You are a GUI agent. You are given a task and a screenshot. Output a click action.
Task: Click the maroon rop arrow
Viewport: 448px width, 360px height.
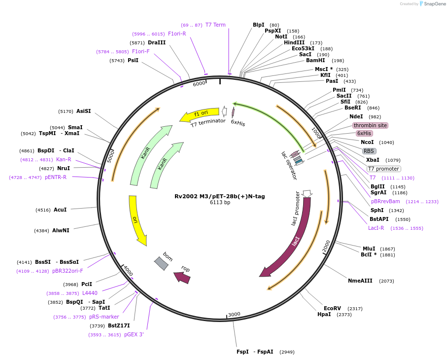pos(182,277)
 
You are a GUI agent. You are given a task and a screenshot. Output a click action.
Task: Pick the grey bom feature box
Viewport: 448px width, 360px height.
pos(161,263)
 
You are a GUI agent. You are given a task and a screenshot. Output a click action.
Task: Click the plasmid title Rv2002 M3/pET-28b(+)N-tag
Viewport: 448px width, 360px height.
pos(219,196)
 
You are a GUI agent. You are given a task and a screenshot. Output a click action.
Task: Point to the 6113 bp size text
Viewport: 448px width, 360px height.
pos(220,203)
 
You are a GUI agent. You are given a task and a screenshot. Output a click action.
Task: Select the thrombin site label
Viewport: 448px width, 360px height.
pos(370,125)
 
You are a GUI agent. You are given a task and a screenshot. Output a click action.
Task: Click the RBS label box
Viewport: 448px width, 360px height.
pos(369,151)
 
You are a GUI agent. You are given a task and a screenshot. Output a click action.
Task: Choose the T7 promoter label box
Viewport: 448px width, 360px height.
pos(384,169)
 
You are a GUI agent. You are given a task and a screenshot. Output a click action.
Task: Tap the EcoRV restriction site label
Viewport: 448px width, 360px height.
pos(332,308)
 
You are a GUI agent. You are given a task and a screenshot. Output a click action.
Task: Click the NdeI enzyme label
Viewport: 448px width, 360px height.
pos(356,116)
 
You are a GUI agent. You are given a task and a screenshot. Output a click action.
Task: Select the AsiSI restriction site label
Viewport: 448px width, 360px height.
pos(83,111)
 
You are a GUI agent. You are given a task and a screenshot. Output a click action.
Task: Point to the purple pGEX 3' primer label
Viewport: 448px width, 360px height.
pos(134,334)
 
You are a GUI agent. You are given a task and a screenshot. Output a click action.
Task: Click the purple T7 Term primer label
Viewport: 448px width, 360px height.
pos(215,25)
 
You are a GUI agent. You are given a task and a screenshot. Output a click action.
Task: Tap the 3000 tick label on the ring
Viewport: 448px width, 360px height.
pos(234,314)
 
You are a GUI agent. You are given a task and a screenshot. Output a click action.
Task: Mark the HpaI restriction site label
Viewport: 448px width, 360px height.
pos(324,314)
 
